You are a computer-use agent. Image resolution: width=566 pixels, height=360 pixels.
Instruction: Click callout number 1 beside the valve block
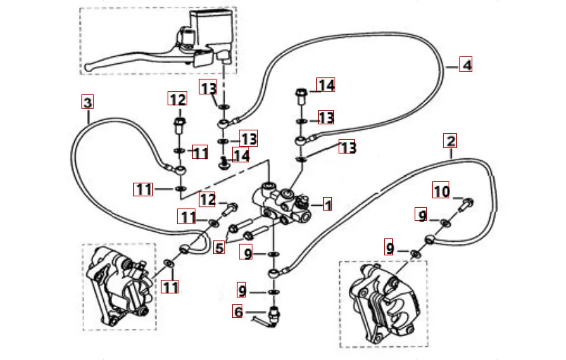pos(326,204)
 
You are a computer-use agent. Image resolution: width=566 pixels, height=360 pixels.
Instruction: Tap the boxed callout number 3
pos(87,103)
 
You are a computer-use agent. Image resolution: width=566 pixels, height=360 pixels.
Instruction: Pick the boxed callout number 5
pos(219,247)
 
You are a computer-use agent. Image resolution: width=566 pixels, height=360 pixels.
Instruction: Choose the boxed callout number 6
pos(238,312)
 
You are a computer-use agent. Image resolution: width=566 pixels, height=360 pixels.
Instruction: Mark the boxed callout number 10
pos(442,192)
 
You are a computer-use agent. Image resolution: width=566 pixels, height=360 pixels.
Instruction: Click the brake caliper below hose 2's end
pos(380,302)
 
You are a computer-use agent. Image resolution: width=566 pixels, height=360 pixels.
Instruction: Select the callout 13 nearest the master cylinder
pos(208,87)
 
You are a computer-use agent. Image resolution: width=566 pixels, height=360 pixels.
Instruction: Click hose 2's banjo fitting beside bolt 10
pos(430,238)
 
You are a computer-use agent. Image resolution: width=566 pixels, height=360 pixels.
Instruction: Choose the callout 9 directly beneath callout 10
pos(423,216)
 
